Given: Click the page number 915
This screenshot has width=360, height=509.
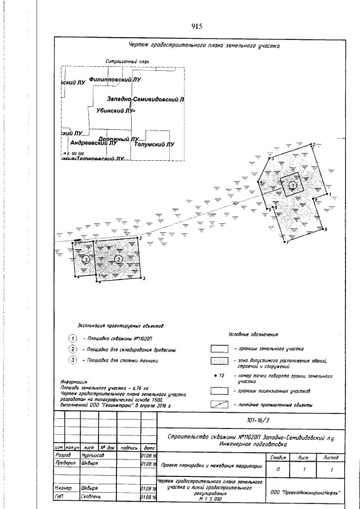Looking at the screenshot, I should [x=196, y=26].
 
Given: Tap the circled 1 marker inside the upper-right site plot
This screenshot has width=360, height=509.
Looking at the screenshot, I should [x=292, y=184].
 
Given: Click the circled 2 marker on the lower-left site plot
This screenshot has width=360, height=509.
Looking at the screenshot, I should [x=119, y=258].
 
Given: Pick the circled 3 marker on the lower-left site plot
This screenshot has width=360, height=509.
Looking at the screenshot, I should [x=86, y=260].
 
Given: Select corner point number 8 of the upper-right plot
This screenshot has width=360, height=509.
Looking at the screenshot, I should [x=326, y=229].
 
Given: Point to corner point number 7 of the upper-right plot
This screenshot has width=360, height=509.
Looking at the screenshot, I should [x=286, y=242].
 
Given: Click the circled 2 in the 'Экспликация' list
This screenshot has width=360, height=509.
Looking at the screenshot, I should [x=73, y=349].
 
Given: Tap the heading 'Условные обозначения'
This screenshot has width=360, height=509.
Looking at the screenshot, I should [x=253, y=335].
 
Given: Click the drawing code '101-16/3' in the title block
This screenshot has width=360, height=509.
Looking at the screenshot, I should [x=247, y=420].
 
